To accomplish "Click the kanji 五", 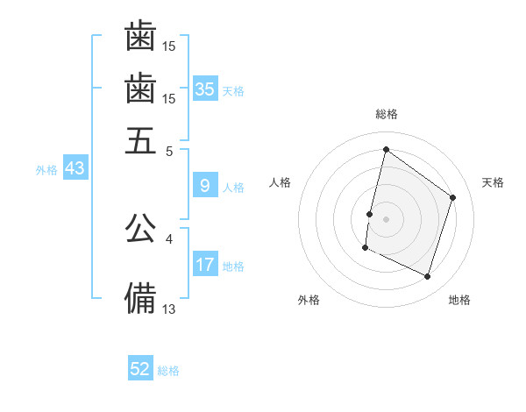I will pyautogui.click(x=140, y=139).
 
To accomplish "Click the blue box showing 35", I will pyautogui.click(x=205, y=89).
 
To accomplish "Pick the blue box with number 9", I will pyautogui.click(x=205, y=186).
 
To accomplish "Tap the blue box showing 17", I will pyautogui.click(x=205, y=265).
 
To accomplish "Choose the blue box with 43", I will pyautogui.click(x=75, y=168).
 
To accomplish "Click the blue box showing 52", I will pyautogui.click(x=140, y=369).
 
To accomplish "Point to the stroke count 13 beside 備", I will pyautogui.click(x=169, y=308).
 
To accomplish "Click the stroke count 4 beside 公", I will pyautogui.click(x=168, y=238).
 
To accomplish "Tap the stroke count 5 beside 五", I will pyautogui.click(x=169, y=150).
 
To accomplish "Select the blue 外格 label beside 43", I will pyautogui.click(x=46, y=169).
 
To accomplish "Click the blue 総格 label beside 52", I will pyautogui.click(x=168, y=371).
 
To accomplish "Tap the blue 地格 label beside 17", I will pyautogui.click(x=233, y=266).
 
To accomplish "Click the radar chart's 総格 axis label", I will pyautogui.click(x=387, y=114).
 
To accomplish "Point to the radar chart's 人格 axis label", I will pyautogui.click(x=281, y=182).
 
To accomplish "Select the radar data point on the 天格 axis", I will pyautogui.click(x=453, y=197).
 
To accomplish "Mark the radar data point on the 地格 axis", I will pyautogui.click(x=428, y=277).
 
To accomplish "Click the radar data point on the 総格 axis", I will pyautogui.click(x=386, y=149).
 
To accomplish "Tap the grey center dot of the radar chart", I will pyautogui.click(x=386, y=217).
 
